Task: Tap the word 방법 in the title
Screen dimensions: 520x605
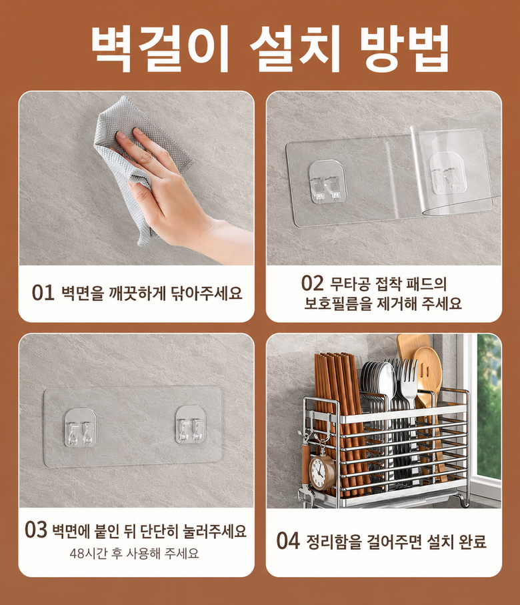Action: (x=405, y=49)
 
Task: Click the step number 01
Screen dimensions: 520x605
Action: (x=43, y=293)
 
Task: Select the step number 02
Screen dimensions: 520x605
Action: (x=312, y=283)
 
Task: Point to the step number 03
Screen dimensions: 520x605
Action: (x=36, y=530)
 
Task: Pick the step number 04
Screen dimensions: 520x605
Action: (x=288, y=540)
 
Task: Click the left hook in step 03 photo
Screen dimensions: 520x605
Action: (x=80, y=428)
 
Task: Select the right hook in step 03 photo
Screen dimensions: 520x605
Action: (x=191, y=424)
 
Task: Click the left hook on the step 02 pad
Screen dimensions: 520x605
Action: (x=327, y=181)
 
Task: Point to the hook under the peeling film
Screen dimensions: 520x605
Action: (x=447, y=173)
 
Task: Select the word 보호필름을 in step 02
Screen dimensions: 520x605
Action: (x=338, y=304)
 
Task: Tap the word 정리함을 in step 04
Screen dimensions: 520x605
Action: (x=334, y=542)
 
